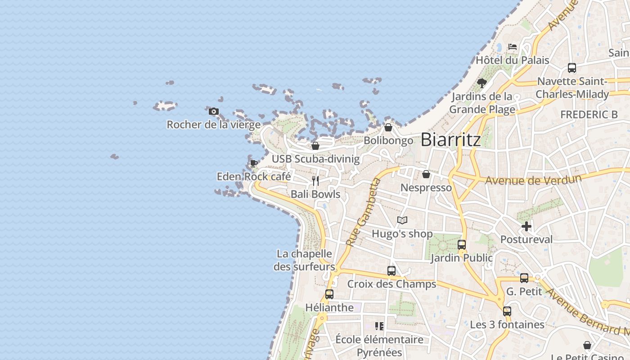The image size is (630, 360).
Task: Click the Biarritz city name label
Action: click(x=450, y=139)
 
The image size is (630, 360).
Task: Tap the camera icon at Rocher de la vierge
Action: click(x=214, y=112)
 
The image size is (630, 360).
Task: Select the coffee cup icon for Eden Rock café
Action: click(x=253, y=163)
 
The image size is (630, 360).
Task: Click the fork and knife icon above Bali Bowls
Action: click(x=315, y=181)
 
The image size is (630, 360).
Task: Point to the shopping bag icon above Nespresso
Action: click(x=426, y=174)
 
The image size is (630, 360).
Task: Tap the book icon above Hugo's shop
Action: click(x=402, y=220)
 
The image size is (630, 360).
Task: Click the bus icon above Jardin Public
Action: click(x=462, y=245)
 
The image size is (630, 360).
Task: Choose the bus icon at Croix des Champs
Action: click(x=391, y=271)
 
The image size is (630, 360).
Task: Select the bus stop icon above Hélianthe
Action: click(x=329, y=294)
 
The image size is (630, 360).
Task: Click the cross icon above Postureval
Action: click(x=526, y=226)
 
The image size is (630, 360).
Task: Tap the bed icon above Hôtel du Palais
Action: click(x=512, y=47)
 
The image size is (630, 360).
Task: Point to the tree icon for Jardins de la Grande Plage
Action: click(x=482, y=83)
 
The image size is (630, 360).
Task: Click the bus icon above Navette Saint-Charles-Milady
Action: click(x=572, y=68)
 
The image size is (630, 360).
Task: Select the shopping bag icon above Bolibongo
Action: click(x=388, y=127)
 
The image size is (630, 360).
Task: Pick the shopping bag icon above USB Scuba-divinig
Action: click(x=315, y=146)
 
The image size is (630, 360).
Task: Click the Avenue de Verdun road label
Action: click(x=533, y=180)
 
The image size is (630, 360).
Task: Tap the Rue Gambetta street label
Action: click(x=364, y=213)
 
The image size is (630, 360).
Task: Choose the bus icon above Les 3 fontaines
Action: click(x=507, y=311)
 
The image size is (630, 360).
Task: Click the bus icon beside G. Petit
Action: click(x=524, y=278)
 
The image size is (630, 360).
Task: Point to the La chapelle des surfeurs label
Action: click(x=305, y=260)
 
